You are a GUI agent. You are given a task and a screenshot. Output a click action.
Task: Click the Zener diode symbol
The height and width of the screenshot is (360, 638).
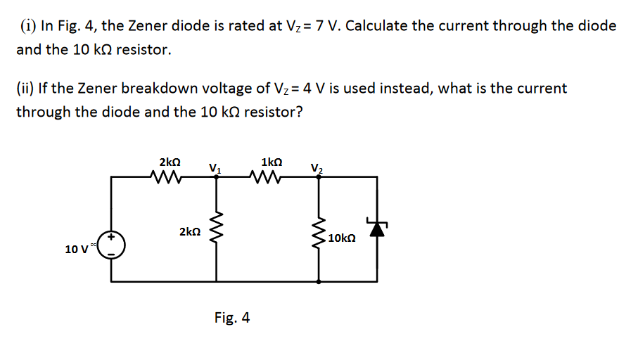[x=378, y=228]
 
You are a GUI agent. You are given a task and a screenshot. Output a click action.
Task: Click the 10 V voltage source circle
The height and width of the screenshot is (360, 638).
[x=112, y=245]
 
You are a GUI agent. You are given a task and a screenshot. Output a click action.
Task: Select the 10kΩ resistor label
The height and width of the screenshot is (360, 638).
[x=341, y=239]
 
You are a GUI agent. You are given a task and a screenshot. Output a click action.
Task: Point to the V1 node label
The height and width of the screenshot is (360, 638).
[x=215, y=167]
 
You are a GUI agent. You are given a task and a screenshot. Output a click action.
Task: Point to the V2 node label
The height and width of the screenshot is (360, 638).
[x=317, y=167]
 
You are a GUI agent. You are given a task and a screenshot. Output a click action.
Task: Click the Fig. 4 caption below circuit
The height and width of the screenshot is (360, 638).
[x=232, y=318]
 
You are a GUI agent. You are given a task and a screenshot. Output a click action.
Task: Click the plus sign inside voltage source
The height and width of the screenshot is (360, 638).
[x=110, y=238]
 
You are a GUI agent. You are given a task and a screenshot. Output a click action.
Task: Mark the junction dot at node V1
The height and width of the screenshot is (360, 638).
[x=217, y=178]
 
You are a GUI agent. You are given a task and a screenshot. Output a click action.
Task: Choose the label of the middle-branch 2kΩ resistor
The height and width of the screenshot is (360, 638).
[x=189, y=231]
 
